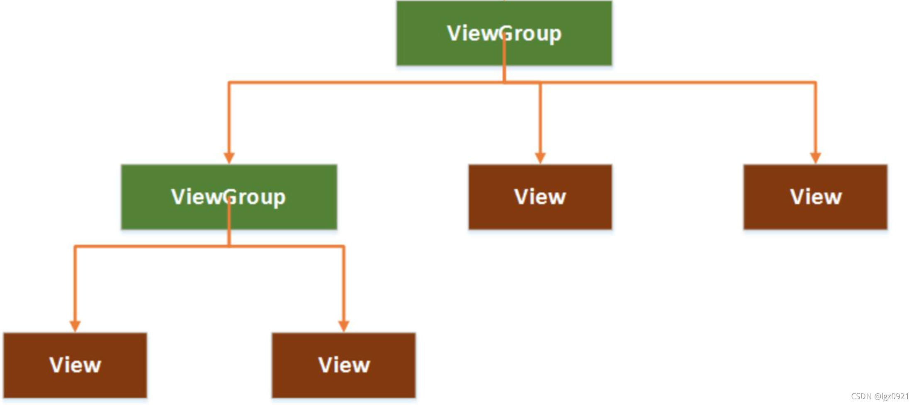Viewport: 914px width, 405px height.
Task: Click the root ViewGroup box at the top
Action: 504,33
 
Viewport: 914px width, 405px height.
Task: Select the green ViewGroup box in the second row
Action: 229,197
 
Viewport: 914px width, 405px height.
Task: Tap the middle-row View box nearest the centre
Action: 540,197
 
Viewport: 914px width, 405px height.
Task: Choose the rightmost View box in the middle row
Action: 815,197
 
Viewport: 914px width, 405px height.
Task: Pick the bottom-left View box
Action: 75,365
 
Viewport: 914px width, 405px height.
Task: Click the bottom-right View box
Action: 344,365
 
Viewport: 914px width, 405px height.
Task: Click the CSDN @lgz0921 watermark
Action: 879,396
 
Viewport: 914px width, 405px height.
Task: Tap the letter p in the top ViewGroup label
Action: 555,35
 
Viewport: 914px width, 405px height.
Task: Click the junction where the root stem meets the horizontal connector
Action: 504,82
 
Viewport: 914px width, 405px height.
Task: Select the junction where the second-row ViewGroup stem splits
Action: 229,246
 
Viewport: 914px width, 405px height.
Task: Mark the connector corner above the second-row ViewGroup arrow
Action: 229,83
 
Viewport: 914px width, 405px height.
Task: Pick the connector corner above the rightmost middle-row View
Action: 815,83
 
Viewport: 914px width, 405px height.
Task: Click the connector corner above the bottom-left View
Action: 75,247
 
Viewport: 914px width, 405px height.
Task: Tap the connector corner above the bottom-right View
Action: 344,247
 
